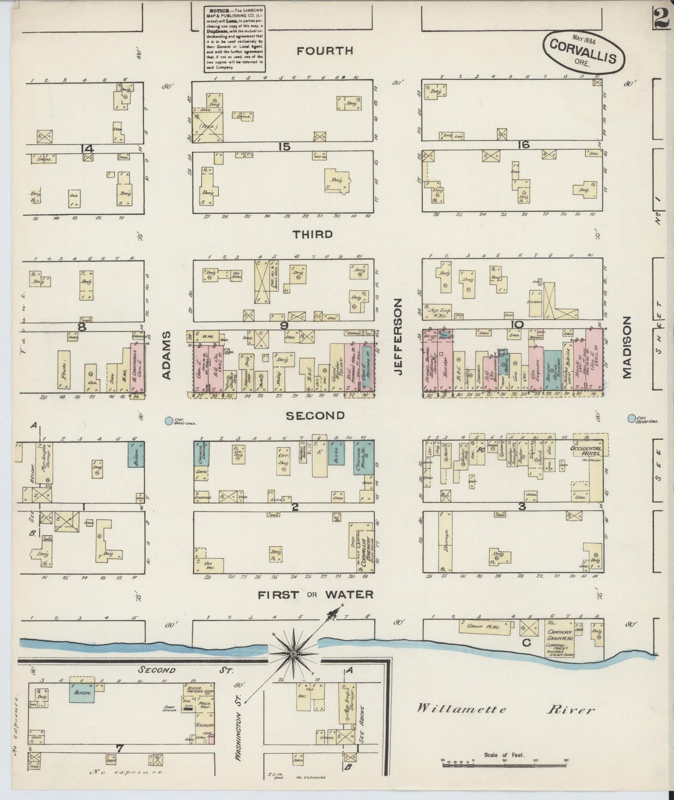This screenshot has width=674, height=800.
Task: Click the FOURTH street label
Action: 325,51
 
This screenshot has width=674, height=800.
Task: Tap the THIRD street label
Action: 313,234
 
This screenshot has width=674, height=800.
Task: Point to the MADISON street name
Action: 626,347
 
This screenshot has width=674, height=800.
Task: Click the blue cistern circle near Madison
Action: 632,418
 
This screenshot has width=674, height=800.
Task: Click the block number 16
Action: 523,145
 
